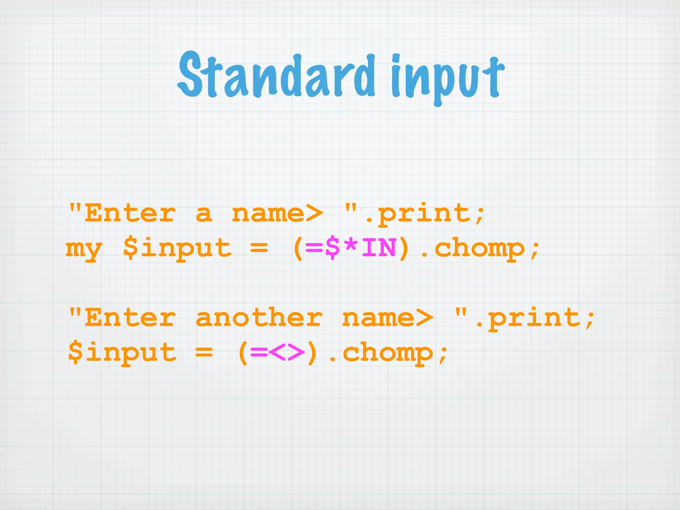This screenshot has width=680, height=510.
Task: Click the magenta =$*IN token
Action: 351,248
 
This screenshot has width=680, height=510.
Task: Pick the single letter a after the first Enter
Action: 204,213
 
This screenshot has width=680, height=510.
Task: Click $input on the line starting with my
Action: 177,248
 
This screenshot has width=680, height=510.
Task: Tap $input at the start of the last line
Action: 122,353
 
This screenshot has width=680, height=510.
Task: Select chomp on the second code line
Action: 479,248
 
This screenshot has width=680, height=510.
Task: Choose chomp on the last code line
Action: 388,353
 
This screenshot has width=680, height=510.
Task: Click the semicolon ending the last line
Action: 443,355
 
